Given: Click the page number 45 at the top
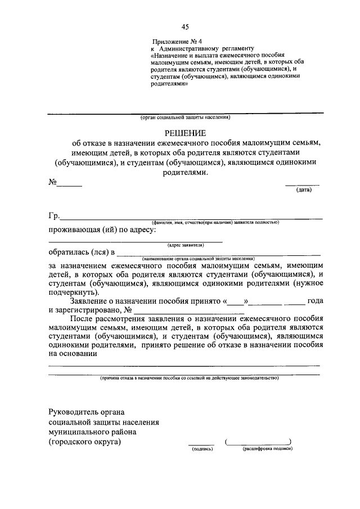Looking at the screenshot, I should [185, 27].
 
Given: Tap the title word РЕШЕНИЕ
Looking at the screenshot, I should [185, 133].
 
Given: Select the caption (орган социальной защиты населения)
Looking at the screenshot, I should [185, 117].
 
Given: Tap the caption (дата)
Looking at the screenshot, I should [304, 190].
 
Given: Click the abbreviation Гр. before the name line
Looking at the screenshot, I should [54, 215].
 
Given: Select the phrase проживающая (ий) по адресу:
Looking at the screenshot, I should [102, 230].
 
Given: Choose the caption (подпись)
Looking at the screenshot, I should [201, 449].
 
